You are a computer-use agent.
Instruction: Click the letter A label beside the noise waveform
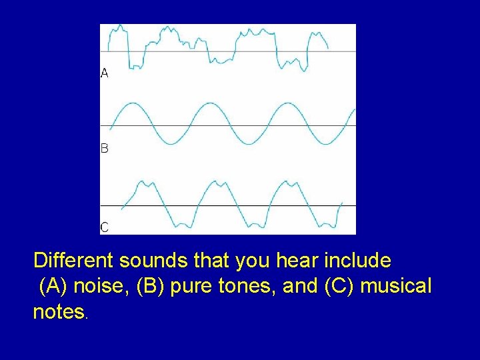pyautogui.click(x=105, y=73)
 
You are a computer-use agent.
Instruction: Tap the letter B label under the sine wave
pyautogui.click(x=105, y=149)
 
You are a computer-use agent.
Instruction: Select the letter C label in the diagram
pyautogui.click(x=105, y=227)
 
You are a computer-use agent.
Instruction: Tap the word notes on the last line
pyautogui.click(x=59, y=312)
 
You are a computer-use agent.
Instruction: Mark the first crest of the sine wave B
pyautogui.click(x=133, y=104)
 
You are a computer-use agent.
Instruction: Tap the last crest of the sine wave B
pyautogui.click(x=287, y=104)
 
